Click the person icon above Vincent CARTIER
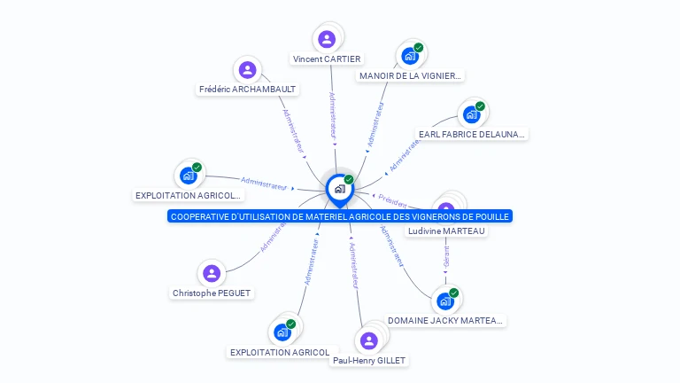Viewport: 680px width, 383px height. pos(327,39)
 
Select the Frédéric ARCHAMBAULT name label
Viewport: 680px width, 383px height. pos(248,90)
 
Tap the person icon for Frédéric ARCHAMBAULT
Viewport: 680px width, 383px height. pos(248,70)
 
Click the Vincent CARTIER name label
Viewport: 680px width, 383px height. pos(327,59)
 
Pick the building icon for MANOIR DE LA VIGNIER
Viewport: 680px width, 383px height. pos(409,56)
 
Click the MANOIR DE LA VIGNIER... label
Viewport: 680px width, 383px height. pos(410,76)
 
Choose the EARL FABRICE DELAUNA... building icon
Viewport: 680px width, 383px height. pos(471,114)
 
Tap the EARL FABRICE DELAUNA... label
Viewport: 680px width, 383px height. pos(472,135)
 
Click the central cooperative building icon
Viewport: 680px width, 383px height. pos(338,189)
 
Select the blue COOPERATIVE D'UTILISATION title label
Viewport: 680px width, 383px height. pos(340,216)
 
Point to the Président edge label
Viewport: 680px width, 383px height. pos(392,200)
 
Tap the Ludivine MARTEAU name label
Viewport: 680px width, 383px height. pos(446,231)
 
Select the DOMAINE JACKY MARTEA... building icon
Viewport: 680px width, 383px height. pos(445,301)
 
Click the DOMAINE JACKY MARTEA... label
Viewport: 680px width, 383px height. pos(446,321)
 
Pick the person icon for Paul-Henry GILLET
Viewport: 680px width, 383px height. pos(368,340)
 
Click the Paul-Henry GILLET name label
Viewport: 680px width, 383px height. pos(369,361)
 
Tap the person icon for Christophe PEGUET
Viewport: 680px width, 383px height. pos(211,273)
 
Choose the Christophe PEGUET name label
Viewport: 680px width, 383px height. pos(212,293)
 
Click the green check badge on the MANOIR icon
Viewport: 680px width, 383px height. pos(419,48)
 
